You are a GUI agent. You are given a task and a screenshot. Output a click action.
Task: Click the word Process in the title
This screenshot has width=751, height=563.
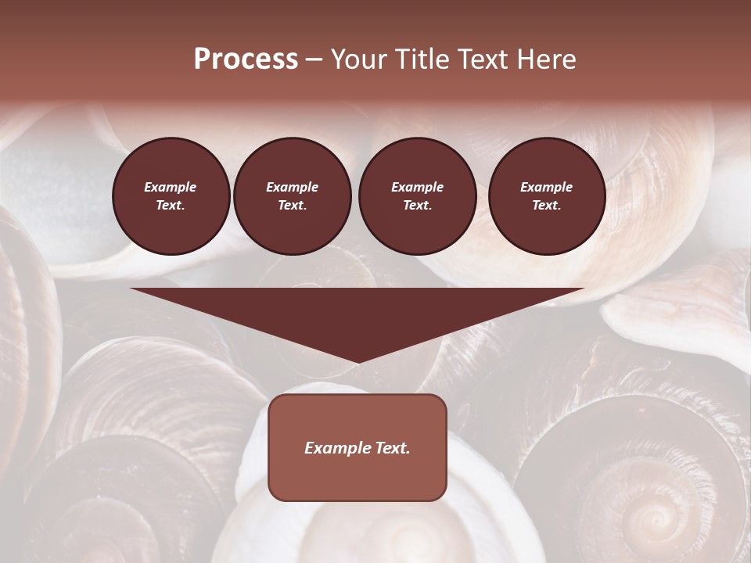pyautogui.click(x=246, y=59)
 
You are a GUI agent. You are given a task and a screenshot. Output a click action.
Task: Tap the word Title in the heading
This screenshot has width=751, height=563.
pyautogui.click(x=420, y=59)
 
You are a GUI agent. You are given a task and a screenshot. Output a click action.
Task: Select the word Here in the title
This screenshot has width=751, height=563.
pyautogui.click(x=545, y=59)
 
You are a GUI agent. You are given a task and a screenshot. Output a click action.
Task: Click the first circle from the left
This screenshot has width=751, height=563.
pyautogui.click(x=171, y=196)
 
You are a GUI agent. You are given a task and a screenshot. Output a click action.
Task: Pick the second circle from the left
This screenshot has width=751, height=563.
pyautogui.click(x=292, y=196)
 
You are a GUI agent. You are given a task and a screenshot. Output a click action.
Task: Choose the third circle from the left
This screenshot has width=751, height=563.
pyautogui.click(x=417, y=196)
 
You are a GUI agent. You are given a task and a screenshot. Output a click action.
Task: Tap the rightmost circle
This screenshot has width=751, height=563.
pyautogui.click(x=546, y=196)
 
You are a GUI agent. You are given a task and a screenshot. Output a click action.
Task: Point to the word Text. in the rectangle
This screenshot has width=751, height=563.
pyautogui.click(x=392, y=448)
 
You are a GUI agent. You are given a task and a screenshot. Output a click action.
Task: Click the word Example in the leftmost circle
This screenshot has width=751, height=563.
pyautogui.click(x=171, y=187)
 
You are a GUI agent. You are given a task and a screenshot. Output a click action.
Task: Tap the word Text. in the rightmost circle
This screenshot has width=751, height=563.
pyautogui.click(x=546, y=206)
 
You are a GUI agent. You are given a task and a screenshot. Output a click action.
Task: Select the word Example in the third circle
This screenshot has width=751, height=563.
pyautogui.click(x=417, y=187)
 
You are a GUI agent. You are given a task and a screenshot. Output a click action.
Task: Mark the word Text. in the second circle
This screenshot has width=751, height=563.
pyautogui.click(x=292, y=206)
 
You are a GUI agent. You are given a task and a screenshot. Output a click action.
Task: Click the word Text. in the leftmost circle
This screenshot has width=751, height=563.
pyautogui.click(x=171, y=206)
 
